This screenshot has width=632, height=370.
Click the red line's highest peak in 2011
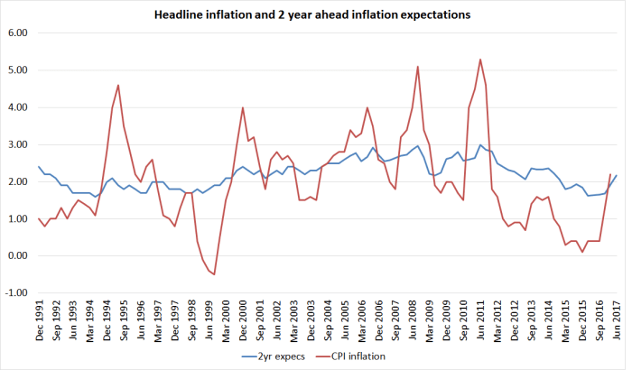click(479, 60)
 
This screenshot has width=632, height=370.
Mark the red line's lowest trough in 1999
click(214, 274)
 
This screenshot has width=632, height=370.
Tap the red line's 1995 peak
click(118, 85)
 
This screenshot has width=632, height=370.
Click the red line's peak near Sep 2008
click(417, 66)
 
